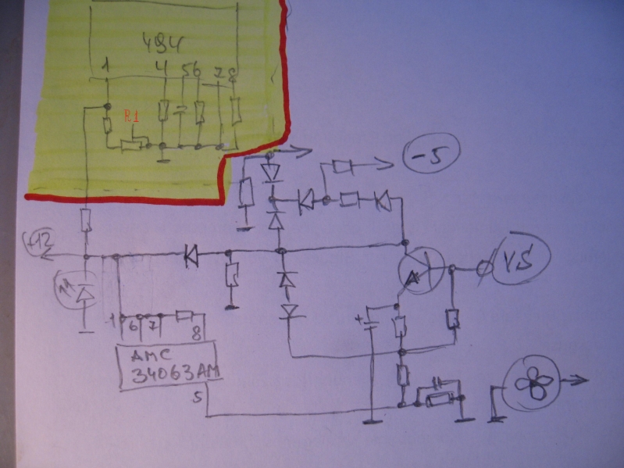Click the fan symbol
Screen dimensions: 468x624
tap(535, 384)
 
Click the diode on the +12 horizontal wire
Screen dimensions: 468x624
tap(189, 255)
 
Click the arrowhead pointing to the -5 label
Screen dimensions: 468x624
tap(388, 165)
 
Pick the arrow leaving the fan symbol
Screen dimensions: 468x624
tap(576, 380)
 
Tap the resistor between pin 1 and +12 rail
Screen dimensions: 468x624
tap(87, 222)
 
